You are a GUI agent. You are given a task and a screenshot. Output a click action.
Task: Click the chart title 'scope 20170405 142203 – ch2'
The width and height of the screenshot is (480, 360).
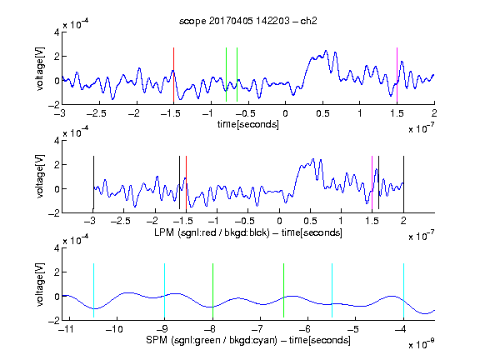pos(248,21)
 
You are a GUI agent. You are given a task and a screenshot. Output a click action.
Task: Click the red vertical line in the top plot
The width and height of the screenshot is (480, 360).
pos(173,75)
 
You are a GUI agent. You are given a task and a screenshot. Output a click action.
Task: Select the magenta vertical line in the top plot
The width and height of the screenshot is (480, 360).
pos(397,75)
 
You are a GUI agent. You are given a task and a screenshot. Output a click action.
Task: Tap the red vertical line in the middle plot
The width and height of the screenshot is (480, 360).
pos(186,182)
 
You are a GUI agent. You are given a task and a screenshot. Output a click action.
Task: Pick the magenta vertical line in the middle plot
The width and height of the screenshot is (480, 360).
pos(372,182)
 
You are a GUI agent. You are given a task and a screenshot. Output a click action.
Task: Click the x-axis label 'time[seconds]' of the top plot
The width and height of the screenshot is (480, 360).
pos(248,124)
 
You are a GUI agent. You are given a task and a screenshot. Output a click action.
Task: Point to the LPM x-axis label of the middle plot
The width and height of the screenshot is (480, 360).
pos(248,232)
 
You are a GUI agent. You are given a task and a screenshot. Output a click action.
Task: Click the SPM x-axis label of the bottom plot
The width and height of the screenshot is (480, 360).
pos(248,340)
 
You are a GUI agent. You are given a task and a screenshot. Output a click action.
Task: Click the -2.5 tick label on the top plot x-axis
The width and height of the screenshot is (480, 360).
pos(96,113)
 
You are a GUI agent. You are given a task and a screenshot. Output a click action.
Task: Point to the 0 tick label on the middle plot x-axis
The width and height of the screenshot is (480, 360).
pos(279,221)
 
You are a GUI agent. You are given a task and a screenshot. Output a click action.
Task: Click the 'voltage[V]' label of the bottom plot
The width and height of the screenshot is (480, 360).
pos(40,284)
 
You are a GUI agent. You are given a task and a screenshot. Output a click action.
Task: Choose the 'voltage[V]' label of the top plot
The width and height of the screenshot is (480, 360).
pos(40,69)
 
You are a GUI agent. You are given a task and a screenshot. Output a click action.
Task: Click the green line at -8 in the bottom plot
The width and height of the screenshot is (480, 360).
pos(212,291)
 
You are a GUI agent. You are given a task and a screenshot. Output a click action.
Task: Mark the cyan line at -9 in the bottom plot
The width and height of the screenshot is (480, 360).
pos(165,291)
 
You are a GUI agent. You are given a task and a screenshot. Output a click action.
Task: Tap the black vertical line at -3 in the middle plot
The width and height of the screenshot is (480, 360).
pos(93,182)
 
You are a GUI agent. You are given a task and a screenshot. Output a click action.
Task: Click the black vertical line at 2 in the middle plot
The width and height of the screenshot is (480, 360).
pos(404,182)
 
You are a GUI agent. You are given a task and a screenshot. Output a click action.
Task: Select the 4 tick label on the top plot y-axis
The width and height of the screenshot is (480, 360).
pos(57,32)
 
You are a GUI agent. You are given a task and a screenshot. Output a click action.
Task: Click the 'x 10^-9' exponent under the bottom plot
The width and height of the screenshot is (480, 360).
pos(422,344)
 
